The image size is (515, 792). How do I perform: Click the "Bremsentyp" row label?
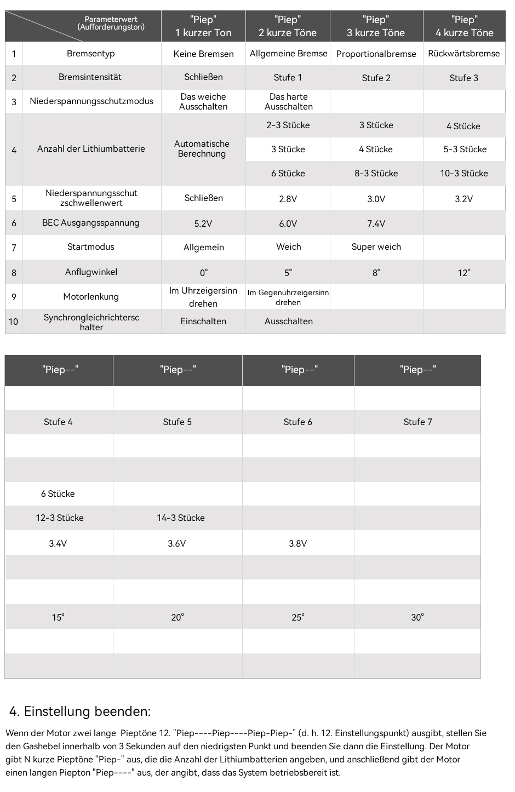(x=91, y=54)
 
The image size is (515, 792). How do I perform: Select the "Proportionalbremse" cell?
(x=376, y=54)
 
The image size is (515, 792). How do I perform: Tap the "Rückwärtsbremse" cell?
(x=463, y=54)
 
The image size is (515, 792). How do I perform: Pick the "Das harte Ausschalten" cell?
(x=288, y=101)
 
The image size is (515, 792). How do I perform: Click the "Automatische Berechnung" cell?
(x=202, y=149)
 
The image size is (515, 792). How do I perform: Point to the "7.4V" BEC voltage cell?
(x=376, y=223)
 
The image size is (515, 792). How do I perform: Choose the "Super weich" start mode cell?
(x=376, y=247)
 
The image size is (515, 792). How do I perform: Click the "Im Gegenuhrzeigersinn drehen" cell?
(x=288, y=297)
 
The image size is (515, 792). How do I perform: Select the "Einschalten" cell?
(x=203, y=322)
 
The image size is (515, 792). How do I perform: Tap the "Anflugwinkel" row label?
(x=91, y=272)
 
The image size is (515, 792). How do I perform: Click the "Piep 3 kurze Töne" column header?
(x=376, y=26)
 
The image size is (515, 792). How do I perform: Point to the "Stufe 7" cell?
(x=417, y=422)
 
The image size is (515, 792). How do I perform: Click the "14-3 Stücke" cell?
(x=181, y=518)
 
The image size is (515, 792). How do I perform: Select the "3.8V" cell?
(x=298, y=543)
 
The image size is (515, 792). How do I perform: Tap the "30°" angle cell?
(x=417, y=617)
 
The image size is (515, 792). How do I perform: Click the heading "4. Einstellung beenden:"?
(x=80, y=711)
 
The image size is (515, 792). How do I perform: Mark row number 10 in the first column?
(x=14, y=322)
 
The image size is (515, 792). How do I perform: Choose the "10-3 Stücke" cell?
(x=463, y=173)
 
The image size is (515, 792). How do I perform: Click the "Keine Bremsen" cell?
(x=203, y=54)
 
